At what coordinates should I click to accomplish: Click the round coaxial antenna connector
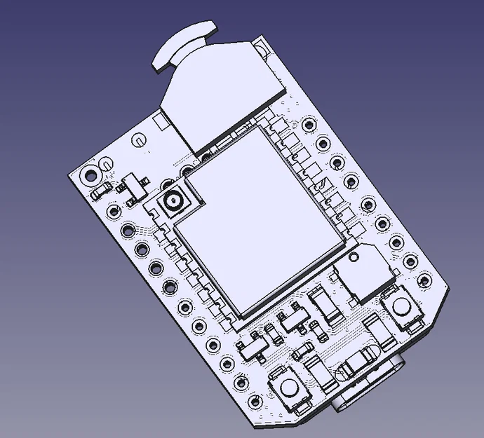point(173,203)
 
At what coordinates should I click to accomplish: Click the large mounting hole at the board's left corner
point(90,174)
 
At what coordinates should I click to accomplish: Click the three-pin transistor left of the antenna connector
point(131,186)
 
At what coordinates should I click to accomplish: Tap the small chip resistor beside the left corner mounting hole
point(102,189)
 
